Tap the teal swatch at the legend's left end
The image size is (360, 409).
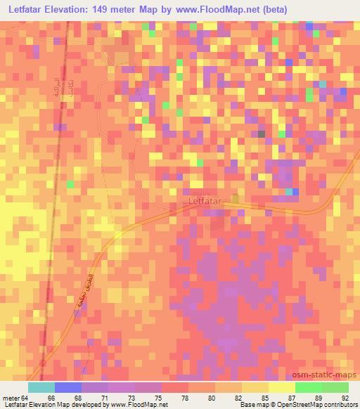tap(41, 387)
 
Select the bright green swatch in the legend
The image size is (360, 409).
tap(309, 387)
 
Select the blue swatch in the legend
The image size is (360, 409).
tap(67, 387)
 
